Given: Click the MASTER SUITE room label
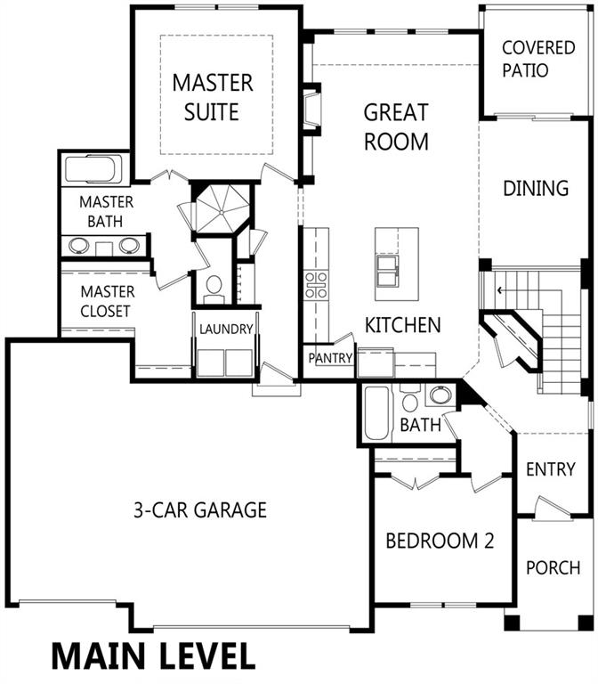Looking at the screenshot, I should [213, 97].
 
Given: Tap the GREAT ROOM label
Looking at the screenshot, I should [396, 126].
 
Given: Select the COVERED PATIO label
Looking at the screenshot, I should [537, 59].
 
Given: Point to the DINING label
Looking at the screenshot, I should [536, 189].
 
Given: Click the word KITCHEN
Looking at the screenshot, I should [402, 325].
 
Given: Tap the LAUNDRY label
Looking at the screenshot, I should [226, 330].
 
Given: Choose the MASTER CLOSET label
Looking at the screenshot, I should [107, 301].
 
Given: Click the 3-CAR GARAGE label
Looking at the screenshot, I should [199, 510].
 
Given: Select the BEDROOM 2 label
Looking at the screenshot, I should [439, 541].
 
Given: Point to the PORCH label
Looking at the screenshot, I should [553, 567].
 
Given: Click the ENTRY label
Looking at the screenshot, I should [551, 469].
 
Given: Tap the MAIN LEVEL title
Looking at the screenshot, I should [153, 655].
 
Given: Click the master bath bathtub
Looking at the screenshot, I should [94, 169].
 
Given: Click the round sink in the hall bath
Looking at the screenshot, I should [439, 395].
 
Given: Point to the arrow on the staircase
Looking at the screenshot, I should [500, 289].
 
